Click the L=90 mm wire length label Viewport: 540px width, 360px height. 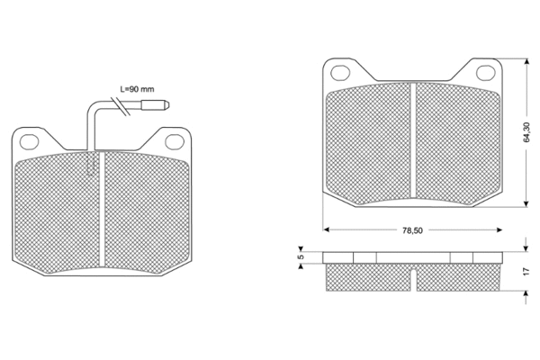[x=138, y=90]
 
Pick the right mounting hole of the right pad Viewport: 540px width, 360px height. [x=486, y=72]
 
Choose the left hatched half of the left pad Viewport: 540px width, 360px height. [x=58, y=211]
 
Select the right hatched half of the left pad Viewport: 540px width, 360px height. [x=148, y=211]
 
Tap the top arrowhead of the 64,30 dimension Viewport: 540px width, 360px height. [x=525, y=62]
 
